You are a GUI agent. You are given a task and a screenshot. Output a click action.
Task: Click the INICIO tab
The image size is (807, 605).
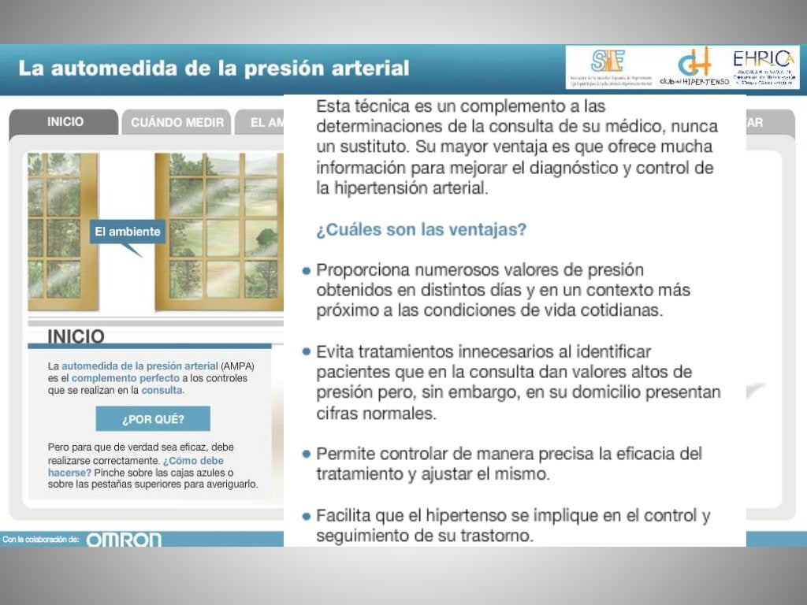pyautogui.click(x=65, y=122)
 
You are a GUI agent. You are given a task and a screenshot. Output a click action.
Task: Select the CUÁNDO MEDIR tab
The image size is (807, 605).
pyautogui.click(x=177, y=123)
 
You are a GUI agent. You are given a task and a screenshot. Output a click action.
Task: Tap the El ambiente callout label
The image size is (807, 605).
pyautogui.click(x=127, y=232)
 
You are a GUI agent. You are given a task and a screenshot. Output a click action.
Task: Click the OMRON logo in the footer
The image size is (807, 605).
pyautogui.click(x=124, y=540)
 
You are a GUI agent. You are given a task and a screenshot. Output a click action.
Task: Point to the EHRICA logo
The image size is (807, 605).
pyautogui.click(x=764, y=66)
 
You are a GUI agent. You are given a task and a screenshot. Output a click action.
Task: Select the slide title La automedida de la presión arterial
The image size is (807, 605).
pyautogui.click(x=214, y=69)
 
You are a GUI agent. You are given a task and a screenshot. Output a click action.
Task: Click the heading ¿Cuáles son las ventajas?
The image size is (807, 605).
pyautogui.click(x=421, y=230)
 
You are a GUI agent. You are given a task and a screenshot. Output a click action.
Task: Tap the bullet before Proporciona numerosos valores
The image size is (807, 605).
pyautogui.click(x=306, y=270)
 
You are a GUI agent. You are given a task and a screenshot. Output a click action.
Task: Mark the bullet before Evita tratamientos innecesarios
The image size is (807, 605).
pyautogui.click(x=306, y=351)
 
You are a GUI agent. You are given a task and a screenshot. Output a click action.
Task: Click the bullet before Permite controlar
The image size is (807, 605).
pyautogui.click(x=306, y=454)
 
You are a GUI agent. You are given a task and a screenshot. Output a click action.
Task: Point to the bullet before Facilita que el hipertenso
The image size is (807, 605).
pyautogui.click(x=306, y=516)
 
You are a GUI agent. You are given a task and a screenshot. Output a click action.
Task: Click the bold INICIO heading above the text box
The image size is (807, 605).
pyautogui.click(x=76, y=336)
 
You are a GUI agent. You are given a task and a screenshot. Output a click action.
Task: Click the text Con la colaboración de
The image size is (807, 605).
pyautogui.click(x=41, y=540)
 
